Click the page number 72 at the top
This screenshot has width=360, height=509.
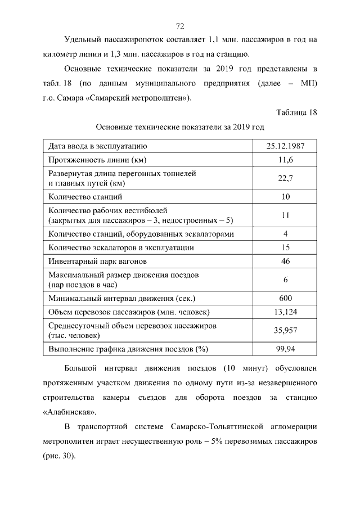180,26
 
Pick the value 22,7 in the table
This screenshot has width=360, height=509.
285,179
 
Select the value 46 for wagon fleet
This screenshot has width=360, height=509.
285,262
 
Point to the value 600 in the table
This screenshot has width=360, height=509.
285,298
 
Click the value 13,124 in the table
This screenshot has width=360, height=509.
285,312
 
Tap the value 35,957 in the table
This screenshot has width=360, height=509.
285,330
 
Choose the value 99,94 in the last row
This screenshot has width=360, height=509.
285,349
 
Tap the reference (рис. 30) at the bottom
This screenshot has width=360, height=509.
58,456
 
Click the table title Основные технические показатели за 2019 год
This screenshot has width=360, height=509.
180,127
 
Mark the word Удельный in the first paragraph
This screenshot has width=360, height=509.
82,40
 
